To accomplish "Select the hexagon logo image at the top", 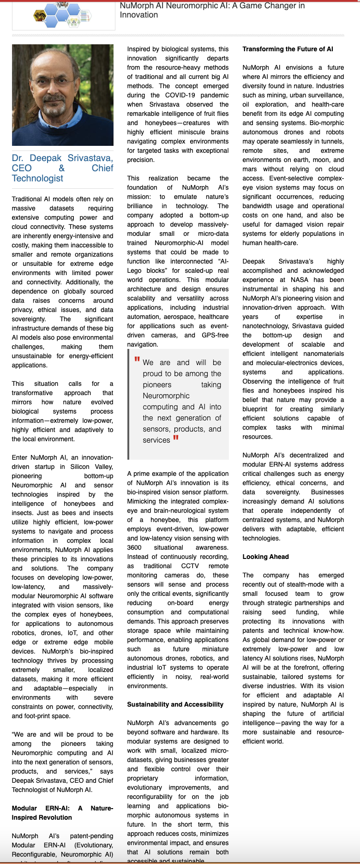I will tap(63, 15).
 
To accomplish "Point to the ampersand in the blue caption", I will tap(62, 168).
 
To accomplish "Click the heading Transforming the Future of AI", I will tap(288, 49).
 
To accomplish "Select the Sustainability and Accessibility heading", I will tap(175, 704).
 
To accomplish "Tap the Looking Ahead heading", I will tap(265, 557).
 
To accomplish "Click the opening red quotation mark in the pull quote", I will tap(137, 360).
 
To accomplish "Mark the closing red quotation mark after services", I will tap(175, 438).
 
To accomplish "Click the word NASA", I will tap(300, 280).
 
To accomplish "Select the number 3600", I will tap(135, 547).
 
